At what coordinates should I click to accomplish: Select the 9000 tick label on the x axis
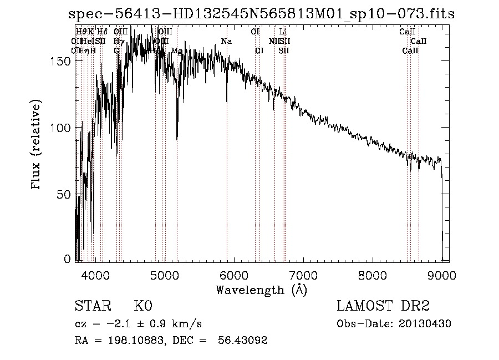click(x=441, y=273)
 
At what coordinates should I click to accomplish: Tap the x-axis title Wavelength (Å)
click(x=261, y=290)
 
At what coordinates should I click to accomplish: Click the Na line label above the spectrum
click(x=226, y=41)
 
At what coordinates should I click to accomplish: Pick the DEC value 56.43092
click(x=243, y=341)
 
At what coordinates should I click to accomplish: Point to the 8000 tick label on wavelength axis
click(x=372, y=273)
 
